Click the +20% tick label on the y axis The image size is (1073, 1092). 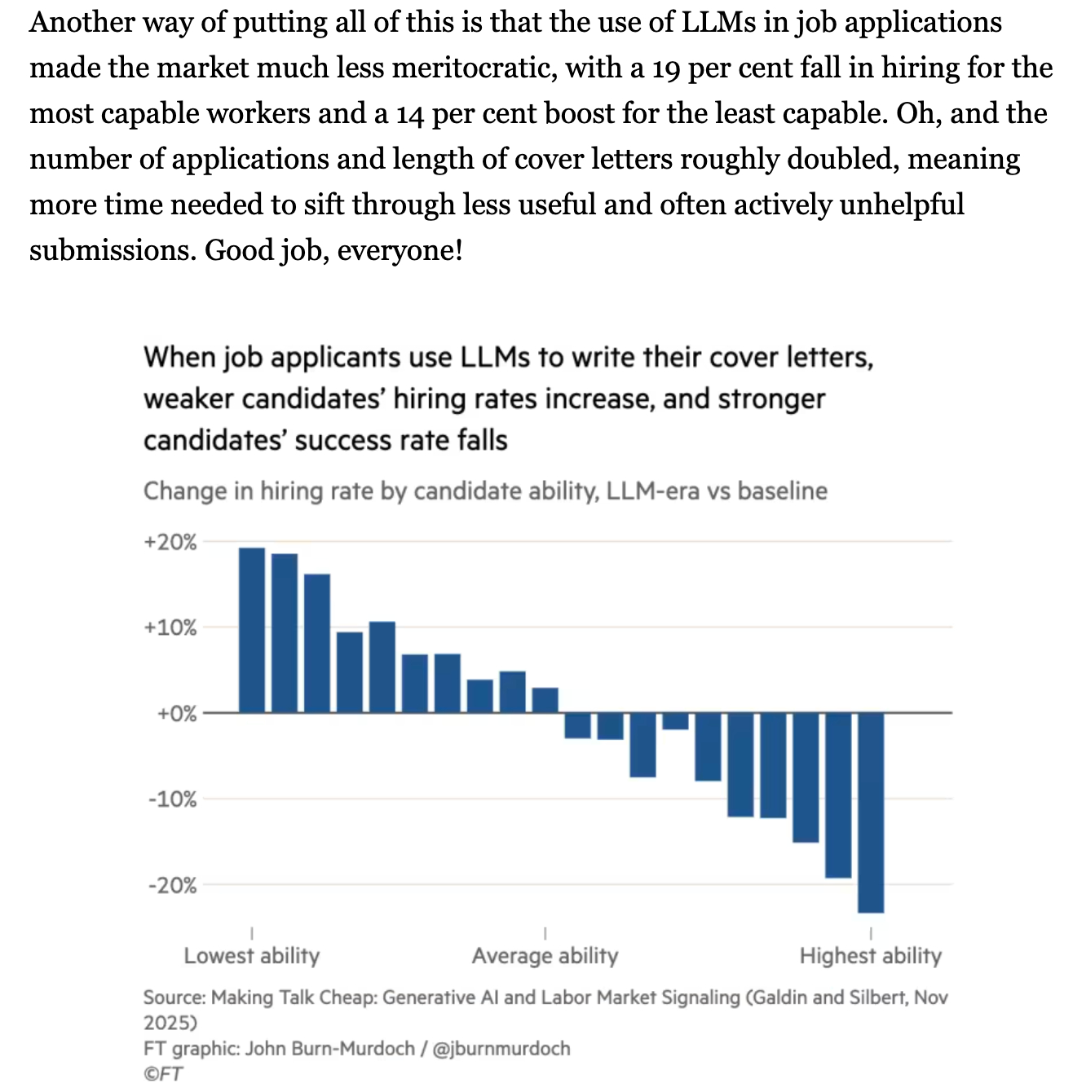(x=170, y=543)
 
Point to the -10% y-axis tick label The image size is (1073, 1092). (x=172, y=799)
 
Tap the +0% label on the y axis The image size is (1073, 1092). (x=177, y=714)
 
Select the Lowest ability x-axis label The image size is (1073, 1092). (x=251, y=955)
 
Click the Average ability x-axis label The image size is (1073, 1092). (x=545, y=955)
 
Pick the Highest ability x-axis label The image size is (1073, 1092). (x=870, y=955)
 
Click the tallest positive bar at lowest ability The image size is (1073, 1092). (x=252, y=630)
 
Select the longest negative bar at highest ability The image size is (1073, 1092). (x=871, y=812)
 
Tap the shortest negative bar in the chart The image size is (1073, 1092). (x=675, y=721)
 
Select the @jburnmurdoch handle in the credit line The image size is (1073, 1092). (x=501, y=1048)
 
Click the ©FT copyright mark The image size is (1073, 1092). (x=163, y=1073)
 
